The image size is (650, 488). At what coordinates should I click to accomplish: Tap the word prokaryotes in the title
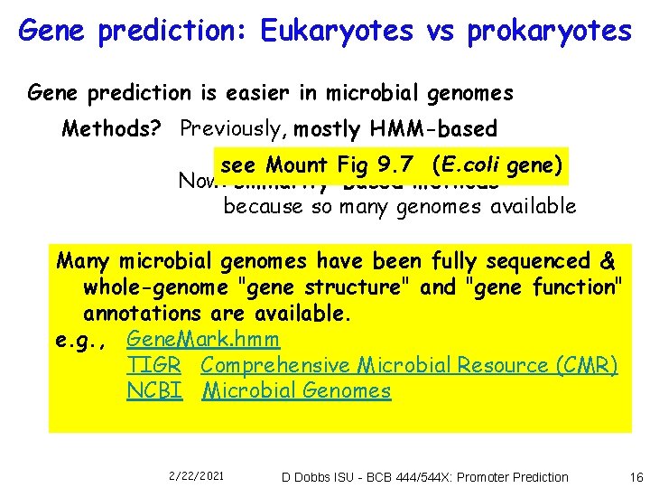550,31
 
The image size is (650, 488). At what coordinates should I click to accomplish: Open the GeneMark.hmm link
203,340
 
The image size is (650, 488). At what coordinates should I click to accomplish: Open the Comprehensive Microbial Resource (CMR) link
409,365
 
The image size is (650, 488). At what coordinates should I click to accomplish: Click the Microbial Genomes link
296,391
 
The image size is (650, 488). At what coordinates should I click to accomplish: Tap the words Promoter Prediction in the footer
512,476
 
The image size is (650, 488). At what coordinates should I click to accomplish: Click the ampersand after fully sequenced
608,261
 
